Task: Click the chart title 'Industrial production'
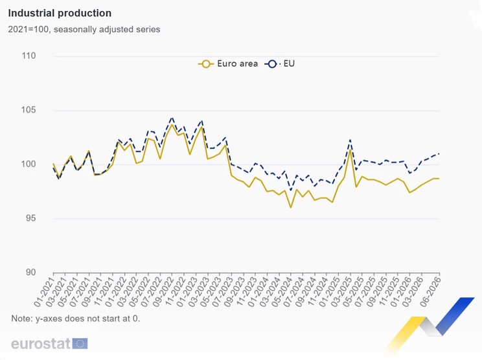[60, 13]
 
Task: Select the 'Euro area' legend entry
[228, 63]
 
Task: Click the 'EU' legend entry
[279, 63]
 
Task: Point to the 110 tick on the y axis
[29, 56]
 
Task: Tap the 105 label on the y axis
[29, 109]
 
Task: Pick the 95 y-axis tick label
[30, 218]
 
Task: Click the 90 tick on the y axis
[30, 272]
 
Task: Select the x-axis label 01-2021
[44, 291]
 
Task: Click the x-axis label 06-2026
[430, 291]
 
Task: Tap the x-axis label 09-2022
[163, 291]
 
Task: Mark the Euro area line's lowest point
[291, 208]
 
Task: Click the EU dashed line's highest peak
[172, 118]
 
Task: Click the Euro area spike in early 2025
[350, 150]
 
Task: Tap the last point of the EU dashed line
[439, 153]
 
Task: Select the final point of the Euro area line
[439, 179]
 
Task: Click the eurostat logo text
[41, 343]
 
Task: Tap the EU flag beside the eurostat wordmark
[80, 343]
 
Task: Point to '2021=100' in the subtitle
[28, 30]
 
